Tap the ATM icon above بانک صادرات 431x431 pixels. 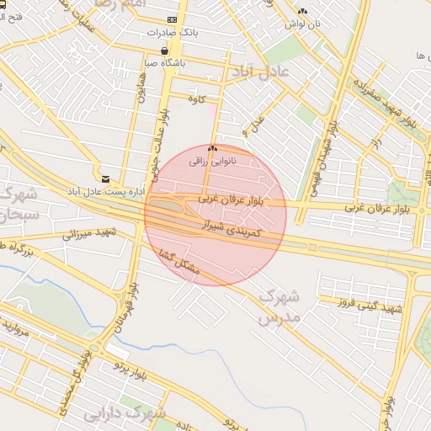coord(172,19)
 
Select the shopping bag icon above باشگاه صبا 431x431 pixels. coord(174,51)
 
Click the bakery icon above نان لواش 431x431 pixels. coord(302,11)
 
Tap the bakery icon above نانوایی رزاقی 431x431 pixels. coord(211,148)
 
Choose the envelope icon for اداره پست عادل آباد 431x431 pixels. coord(105,178)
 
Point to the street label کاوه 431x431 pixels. coord(197,99)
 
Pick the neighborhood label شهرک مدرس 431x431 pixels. coord(279,306)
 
